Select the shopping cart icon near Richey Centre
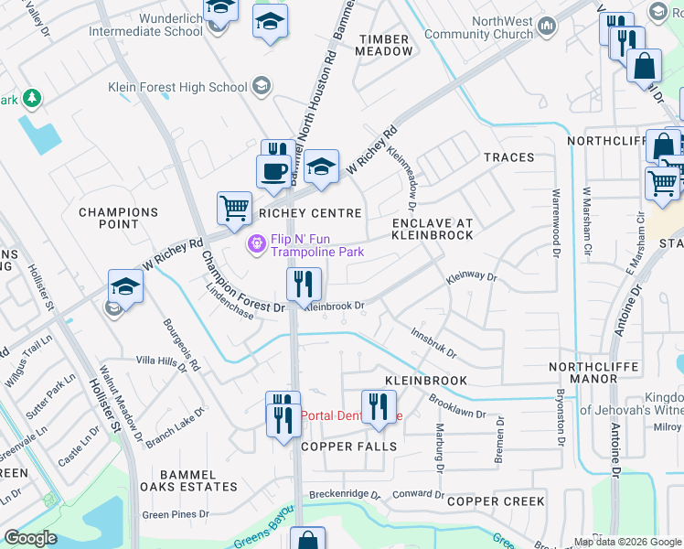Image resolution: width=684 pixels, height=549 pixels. [234, 208]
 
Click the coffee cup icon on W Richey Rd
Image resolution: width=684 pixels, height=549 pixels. [273, 170]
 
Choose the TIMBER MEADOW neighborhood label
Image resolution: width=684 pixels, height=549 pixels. [385, 45]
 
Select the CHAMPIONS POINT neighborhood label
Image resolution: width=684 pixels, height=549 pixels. [119, 218]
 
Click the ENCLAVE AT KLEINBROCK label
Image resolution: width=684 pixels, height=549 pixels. [433, 229]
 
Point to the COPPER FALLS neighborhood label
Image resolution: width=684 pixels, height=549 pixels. [349, 447]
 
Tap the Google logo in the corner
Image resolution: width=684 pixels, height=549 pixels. [29, 538]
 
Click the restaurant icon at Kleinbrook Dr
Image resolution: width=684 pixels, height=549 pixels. [304, 285]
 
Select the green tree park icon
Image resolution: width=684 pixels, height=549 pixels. [31, 97]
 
